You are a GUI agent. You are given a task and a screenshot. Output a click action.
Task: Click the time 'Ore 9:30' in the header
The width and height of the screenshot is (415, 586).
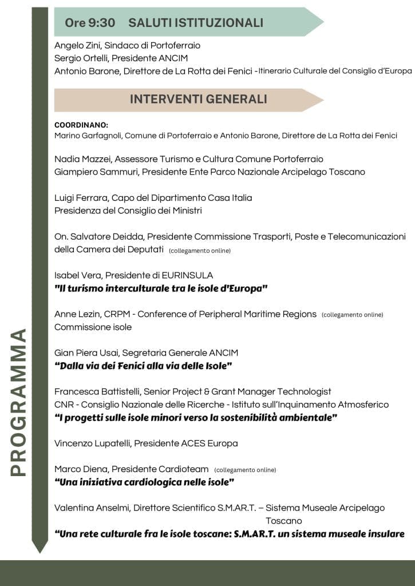[x=90, y=23]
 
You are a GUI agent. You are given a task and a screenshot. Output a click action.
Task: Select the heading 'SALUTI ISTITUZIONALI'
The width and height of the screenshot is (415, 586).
[x=196, y=23]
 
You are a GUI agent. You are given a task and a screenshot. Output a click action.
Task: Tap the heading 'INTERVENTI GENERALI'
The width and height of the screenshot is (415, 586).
[x=198, y=99]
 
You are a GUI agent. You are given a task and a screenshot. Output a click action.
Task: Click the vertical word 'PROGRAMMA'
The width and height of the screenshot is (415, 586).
[x=19, y=402]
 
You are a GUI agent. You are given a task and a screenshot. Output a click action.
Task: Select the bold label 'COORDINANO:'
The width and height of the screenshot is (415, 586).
[x=81, y=125]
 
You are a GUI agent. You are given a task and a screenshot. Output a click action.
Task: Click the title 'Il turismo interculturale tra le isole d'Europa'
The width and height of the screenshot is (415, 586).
[x=161, y=288]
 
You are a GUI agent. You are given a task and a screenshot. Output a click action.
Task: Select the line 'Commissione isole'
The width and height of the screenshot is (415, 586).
[x=93, y=327]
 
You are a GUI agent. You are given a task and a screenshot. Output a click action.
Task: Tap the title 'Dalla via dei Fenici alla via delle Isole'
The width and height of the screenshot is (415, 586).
[x=143, y=366]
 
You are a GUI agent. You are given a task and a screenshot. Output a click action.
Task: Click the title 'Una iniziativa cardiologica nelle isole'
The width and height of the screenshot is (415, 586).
[x=144, y=482]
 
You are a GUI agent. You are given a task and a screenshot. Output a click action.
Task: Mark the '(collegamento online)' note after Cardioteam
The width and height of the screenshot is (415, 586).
[x=245, y=470]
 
